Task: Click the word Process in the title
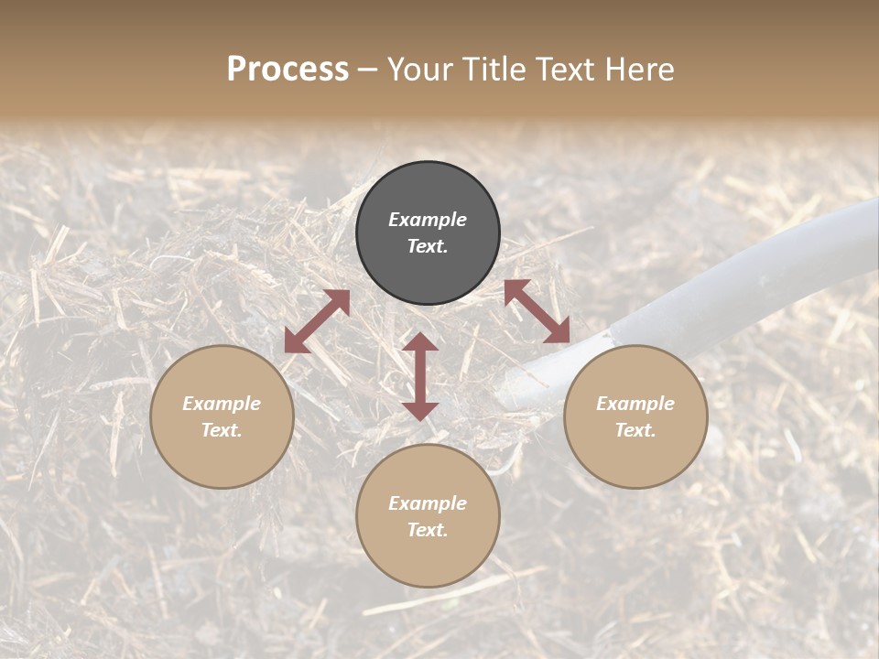pos(288,70)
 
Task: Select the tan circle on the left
pos(222,458)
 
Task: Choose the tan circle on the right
pos(635,458)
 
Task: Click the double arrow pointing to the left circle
pos(317,321)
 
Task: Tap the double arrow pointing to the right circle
pos(537,311)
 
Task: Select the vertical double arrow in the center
pos(420,376)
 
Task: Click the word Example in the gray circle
pos(428,220)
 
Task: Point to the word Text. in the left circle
pos(222,430)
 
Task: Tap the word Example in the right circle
pos(635,404)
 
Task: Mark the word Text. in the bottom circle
pos(428,530)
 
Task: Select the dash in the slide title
pos(368,70)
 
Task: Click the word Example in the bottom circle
pos(428,503)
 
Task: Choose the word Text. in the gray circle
pos(428,246)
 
